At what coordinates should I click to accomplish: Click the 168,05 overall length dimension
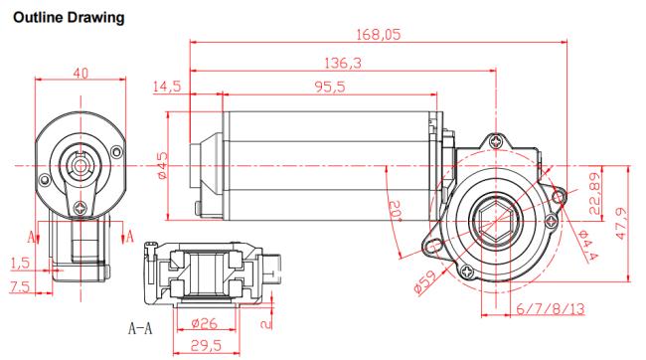pyautogui.click(x=379, y=34)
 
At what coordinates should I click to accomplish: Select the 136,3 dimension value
pyautogui.click(x=343, y=63)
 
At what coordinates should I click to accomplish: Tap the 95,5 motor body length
pyautogui.click(x=330, y=87)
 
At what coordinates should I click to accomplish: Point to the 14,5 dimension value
pyautogui.click(x=167, y=87)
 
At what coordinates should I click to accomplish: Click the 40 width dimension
pyautogui.click(x=81, y=73)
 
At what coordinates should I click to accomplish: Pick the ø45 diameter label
pyautogui.click(x=163, y=165)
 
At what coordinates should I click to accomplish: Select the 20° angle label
pyautogui.click(x=396, y=211)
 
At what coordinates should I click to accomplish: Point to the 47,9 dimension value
pyautogui.click(x=622, y=224)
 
